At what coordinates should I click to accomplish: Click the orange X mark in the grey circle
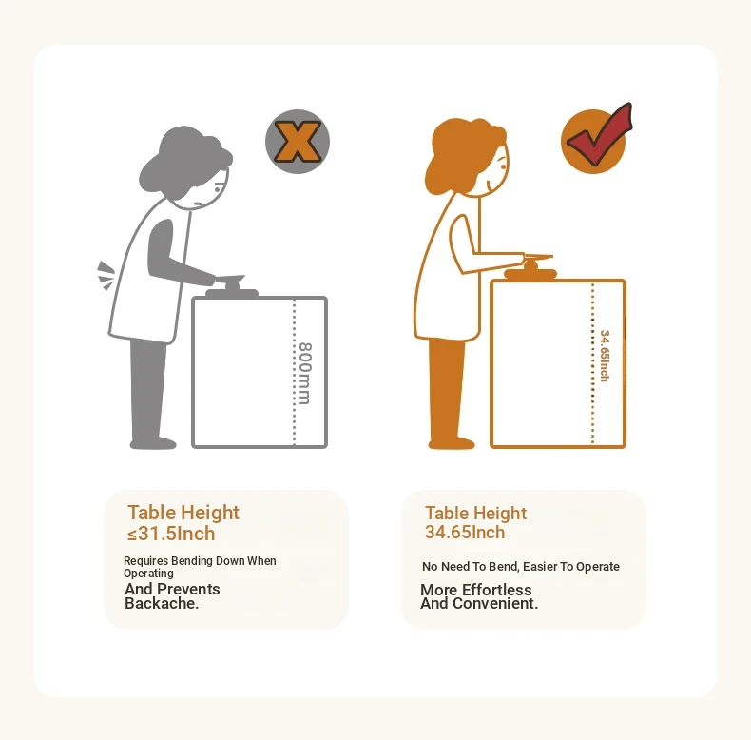(298, 142)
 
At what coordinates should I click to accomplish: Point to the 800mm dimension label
(305, 374)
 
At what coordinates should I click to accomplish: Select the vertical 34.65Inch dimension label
(605, 356)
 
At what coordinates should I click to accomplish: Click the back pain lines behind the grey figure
(106, 276)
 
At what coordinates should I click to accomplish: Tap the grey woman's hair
(184, 161)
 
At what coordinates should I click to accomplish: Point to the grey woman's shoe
(153, 443)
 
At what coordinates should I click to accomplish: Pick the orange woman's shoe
(452, 443)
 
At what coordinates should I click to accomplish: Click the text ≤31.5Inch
(171, 534)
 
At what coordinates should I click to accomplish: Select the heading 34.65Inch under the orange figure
(465, 532)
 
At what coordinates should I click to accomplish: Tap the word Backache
(162, 603)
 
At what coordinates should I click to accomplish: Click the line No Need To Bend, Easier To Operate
(521, 567)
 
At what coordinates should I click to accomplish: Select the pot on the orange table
(530, 267)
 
